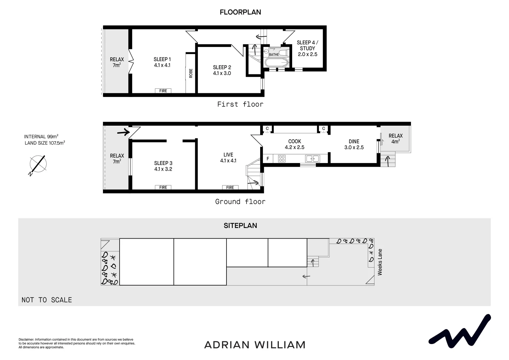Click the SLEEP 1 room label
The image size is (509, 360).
(x=162, y=62)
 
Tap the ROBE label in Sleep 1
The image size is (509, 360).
(x=191, y=73)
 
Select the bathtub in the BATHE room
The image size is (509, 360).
(x=276, y=62)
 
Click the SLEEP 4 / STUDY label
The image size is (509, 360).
(x=307, y=48)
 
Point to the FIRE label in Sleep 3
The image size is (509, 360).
(x=163, y=187)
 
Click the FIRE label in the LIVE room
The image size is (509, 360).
(x=230, y=187)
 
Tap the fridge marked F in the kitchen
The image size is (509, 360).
(x=268, y=159)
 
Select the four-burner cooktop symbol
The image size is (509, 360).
(x=281, y=159)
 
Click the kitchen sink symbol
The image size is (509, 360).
(x=312, y=159)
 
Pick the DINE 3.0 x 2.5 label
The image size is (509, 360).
(x=354, y=144)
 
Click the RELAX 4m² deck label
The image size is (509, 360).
(x=395, y=138)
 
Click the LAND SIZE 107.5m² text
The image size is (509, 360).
(x=45, y=143)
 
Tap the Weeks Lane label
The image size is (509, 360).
(x=380, y=262)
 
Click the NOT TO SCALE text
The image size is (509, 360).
(x=47, y=300)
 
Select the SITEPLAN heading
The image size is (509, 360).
(x=240, y=226)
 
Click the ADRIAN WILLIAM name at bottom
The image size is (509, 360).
(x=254, y=345)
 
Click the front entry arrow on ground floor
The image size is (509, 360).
(x=123, y=133)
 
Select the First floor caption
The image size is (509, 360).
(x=240, y=104)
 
